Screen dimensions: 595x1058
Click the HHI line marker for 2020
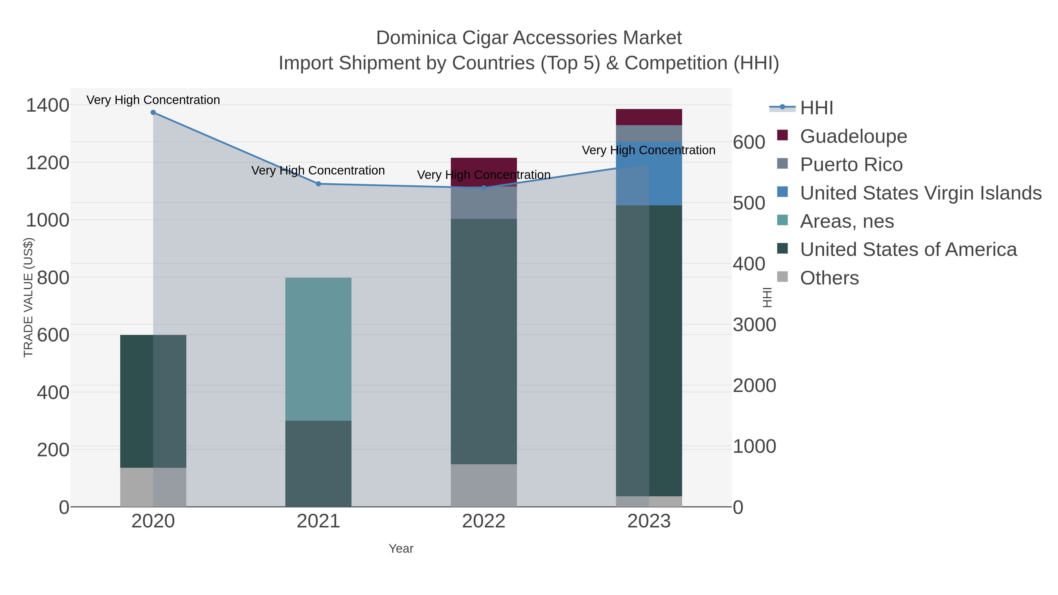(x=153, y=113)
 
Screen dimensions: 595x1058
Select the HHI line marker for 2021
(x=318, y=184)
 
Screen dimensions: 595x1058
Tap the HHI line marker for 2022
(x=484, y=188)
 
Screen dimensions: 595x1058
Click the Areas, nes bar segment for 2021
(x=318, y=349)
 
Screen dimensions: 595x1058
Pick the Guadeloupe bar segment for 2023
(x=649, y=117)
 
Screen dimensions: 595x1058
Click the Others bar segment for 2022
(x=484, y=485)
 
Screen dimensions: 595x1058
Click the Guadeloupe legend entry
(x=853, y=136)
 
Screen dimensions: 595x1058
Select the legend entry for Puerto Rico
(x=851, y=165)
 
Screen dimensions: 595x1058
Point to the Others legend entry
(x=829, y=278)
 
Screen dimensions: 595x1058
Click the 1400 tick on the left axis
(x=48, y=105)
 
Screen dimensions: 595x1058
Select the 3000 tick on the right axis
(x=754, y=325)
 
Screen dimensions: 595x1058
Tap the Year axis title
(x=401, y=549)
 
